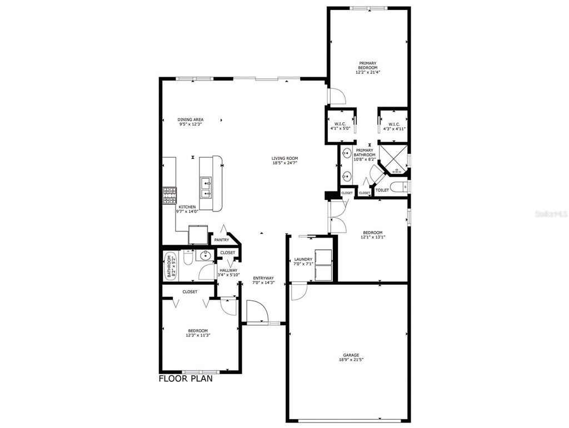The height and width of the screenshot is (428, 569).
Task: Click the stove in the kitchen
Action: [169, 195]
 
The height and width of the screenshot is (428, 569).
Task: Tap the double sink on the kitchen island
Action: [206, 187]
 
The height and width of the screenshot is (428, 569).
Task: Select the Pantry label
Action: [222, 240]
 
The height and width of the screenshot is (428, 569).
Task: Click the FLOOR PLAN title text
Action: [185, 380]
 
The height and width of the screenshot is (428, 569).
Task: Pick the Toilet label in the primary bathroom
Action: [382, 190]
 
